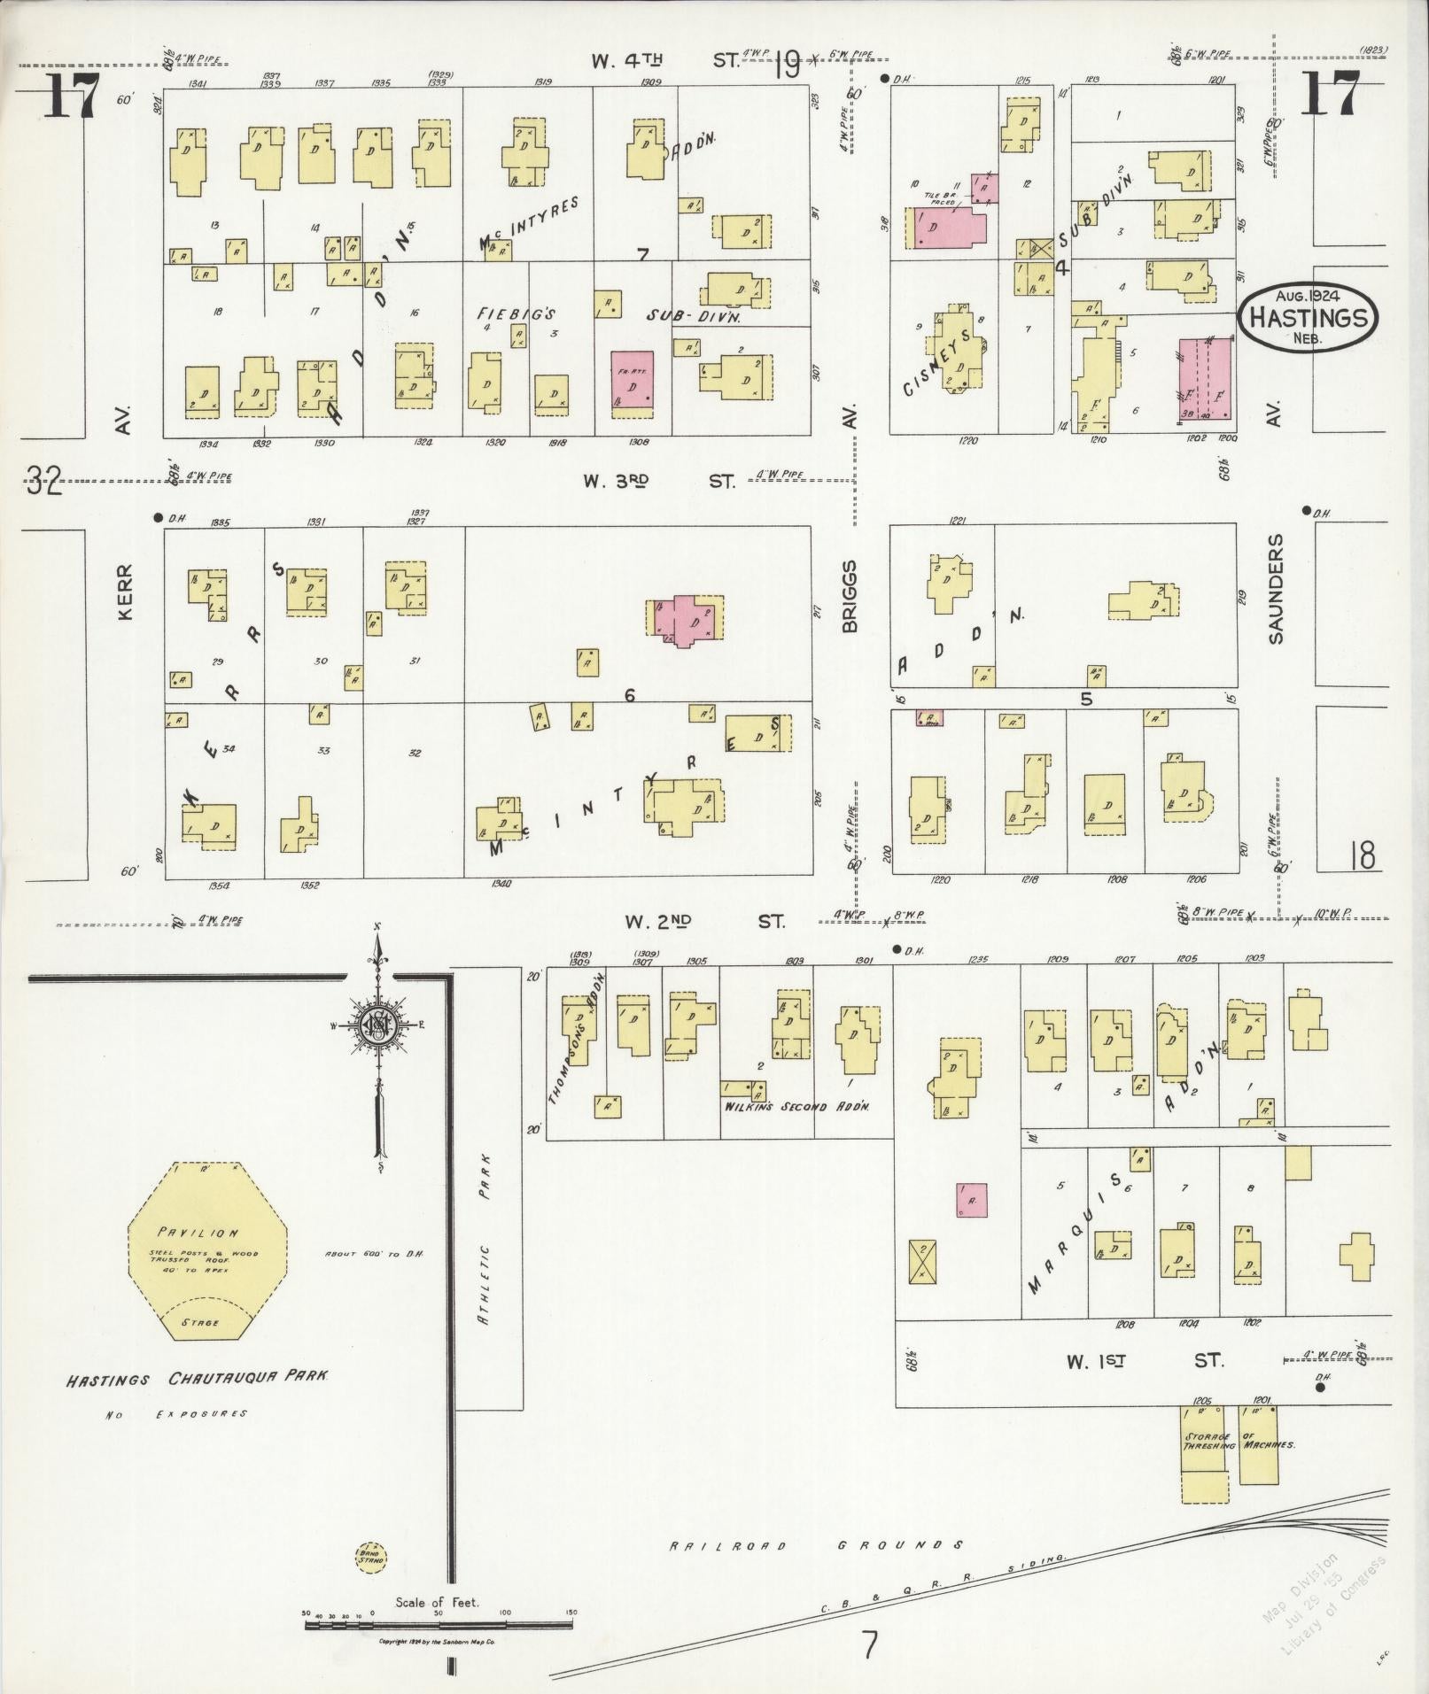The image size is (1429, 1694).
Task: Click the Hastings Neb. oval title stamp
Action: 1308,317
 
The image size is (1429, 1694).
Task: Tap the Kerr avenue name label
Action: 124,592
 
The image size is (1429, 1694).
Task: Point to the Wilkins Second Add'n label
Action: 797,1107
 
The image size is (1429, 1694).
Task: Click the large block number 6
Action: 629,696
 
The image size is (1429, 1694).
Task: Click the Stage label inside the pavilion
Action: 202,1322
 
